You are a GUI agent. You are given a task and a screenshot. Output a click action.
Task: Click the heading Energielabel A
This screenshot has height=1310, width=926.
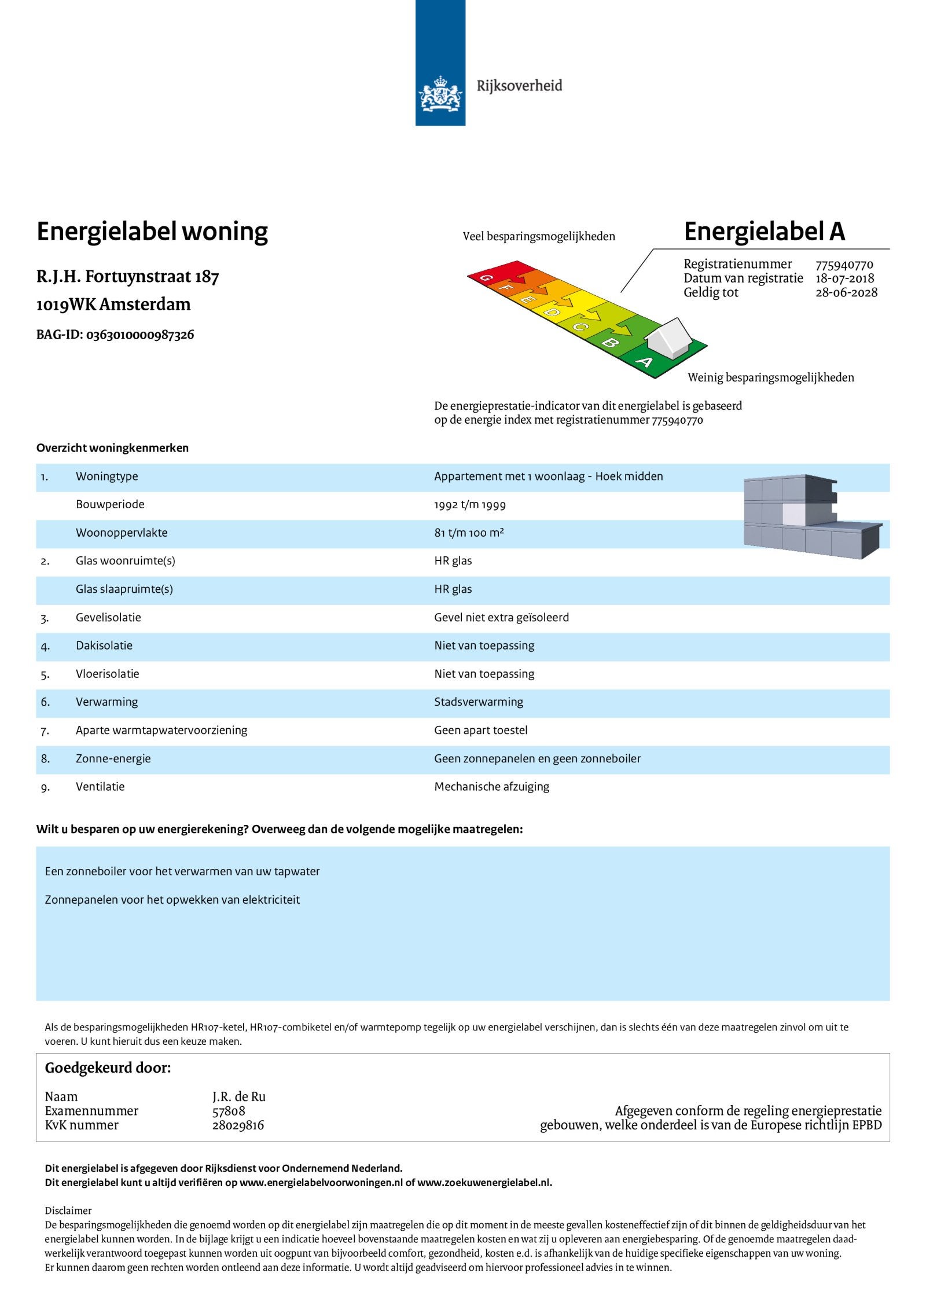(x=764, y=232)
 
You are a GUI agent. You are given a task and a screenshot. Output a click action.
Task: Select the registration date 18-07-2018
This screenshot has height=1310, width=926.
(x=844, y=278)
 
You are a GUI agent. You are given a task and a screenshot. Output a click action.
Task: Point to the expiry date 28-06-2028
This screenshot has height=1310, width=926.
(x=846, y=292)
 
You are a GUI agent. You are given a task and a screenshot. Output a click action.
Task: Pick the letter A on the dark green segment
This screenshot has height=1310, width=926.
(x=644, y=362)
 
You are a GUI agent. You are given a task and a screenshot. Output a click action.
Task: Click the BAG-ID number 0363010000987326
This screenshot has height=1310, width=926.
(x=139, y=335)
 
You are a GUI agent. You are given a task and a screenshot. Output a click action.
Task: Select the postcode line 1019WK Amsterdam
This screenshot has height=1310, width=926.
(x=113, y=304)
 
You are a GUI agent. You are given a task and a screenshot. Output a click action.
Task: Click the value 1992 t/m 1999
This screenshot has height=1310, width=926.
(x=470, y=505)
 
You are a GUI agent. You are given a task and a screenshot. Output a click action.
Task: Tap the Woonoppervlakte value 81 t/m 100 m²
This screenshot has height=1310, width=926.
(x=469, y=533)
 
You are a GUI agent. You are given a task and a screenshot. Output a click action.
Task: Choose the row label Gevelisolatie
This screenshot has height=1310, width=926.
(x=108, y=618)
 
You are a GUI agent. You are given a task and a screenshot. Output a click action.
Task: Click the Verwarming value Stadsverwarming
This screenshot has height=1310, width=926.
(x=479, y=702)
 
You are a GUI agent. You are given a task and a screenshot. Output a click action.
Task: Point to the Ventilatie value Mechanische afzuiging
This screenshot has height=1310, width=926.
(x=491, y=787)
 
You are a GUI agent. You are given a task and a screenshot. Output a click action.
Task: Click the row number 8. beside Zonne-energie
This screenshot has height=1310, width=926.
(x=45, y=759)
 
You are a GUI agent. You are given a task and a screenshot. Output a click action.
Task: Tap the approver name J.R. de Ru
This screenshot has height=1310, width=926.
(x=238, y=1096)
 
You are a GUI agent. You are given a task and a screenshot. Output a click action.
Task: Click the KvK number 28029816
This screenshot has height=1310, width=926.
(x=238, y=1125)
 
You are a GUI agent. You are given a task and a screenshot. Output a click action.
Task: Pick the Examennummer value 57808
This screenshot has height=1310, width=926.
(x=229, y=1111)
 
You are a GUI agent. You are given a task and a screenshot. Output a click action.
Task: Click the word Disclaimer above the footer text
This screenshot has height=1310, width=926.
(x=68, y=1210)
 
